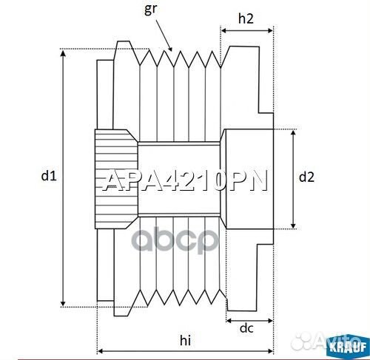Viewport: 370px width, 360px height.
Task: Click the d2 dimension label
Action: point(306,177)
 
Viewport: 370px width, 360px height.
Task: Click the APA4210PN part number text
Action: point(184,182)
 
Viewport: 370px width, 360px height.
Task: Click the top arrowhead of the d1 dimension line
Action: point(64,52)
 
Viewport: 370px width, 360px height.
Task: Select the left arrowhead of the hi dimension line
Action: point(101,350)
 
